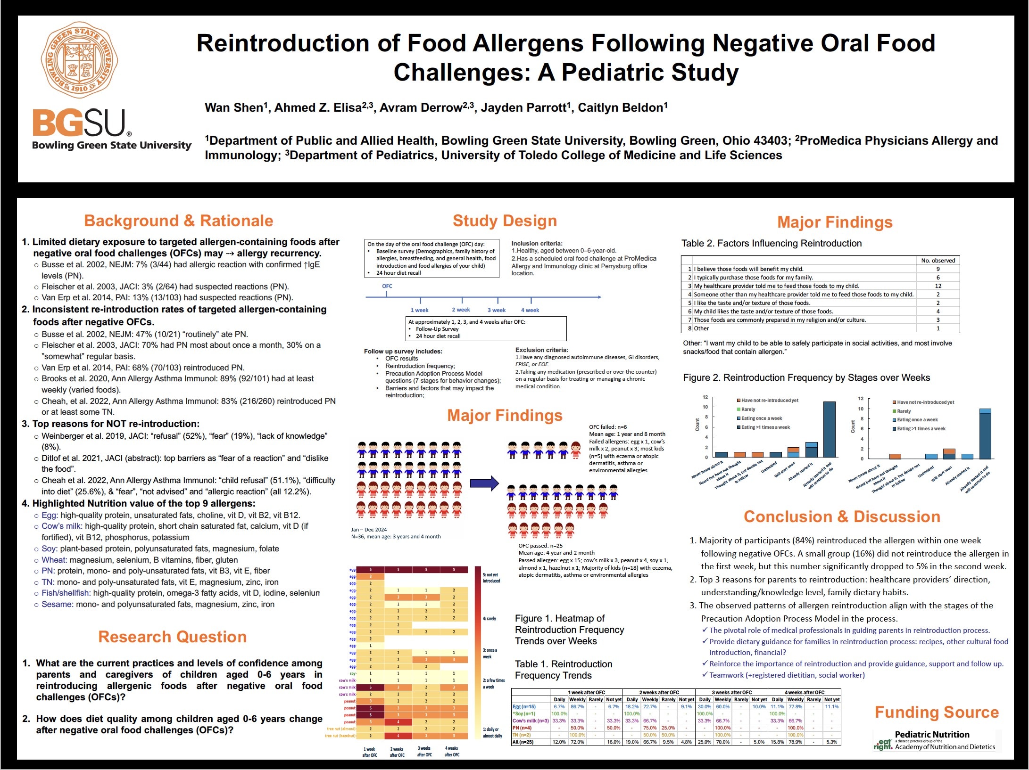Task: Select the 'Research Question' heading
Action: point(172,637)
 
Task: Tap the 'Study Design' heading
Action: point(505,221)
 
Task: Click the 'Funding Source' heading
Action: point(937,712)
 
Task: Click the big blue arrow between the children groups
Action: point(484,483)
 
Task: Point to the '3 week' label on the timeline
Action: point(496,310)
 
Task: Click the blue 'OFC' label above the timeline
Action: point(387,286)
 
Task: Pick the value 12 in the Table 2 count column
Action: point(938,286)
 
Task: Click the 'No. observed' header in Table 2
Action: point(938,260)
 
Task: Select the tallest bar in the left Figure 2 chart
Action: point(829,429)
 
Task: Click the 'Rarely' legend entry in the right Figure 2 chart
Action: point(904,411)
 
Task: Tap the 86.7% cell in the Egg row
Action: point(577,707)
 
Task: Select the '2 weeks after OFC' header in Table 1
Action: point(659,692)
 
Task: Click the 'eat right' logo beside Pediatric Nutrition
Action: point(883,744)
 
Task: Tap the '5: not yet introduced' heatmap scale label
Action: point(491,578)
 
